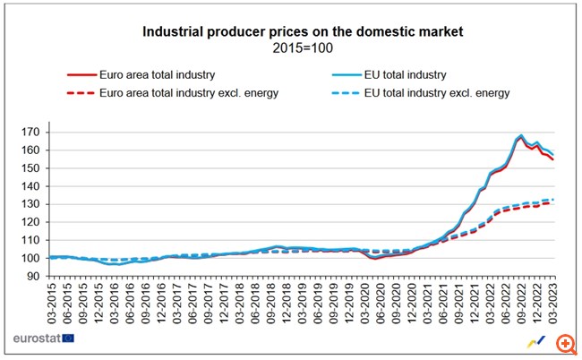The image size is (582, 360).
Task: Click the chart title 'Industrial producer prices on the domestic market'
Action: [x=290, y=31]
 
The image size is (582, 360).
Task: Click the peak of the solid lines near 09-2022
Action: [x=521, y=136]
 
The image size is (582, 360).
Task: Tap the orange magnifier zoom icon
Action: [x=564, y=345]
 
